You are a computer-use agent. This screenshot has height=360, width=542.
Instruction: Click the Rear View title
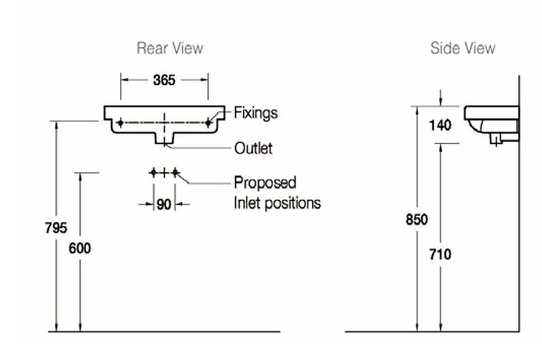tap(169, 48)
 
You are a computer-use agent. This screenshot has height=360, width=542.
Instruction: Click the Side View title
tap(463, 48)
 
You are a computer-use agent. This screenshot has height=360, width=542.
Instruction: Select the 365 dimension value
tap(164, 80)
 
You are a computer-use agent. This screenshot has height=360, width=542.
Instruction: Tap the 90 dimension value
tap(164, 204)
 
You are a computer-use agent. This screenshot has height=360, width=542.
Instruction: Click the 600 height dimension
tap(80, 248)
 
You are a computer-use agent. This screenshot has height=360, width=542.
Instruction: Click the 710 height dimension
tap(440, 254)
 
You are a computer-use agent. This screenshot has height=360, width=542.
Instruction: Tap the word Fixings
tap(255, 113)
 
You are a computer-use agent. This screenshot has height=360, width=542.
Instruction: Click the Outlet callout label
tap(253, 148)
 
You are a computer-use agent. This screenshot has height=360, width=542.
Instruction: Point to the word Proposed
tap(265, 182)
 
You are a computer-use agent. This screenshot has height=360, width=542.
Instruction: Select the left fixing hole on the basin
tap(120, 123)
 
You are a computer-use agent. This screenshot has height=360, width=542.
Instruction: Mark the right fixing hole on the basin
tap(209, 123)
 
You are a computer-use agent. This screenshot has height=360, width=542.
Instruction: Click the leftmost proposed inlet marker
tap(153, 173)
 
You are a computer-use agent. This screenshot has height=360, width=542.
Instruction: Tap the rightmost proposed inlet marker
tap(175, 173)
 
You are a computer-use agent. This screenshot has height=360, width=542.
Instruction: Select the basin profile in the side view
tap(491, 122)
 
